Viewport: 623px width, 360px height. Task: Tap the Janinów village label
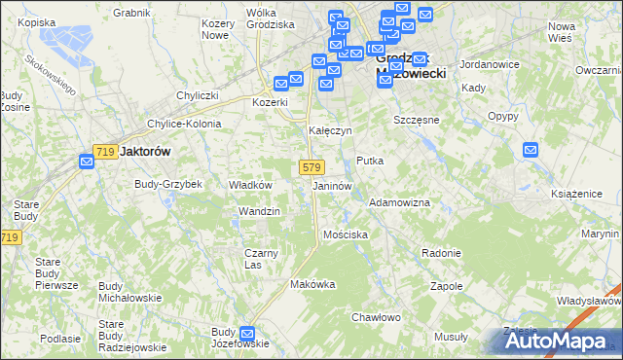[331, 185]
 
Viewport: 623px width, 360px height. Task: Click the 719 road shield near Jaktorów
[106, 152]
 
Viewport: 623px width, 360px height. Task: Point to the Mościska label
[346, 234]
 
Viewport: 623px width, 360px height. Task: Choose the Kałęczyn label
[330, 130]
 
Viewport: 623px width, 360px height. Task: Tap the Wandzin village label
[260, 211]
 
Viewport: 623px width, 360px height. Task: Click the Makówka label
[312, 284]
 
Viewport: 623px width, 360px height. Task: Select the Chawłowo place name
[376, 317]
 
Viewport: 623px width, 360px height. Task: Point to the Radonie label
[441, 253]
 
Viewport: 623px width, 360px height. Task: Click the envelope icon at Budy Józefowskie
[247, 333]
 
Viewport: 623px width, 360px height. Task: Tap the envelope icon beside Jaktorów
[86, 162]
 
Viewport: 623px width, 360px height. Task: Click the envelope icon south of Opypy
[531, 150]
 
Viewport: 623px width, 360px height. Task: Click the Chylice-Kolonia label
[184, 124]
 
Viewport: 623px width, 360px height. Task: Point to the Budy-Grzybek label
[167, 183]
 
